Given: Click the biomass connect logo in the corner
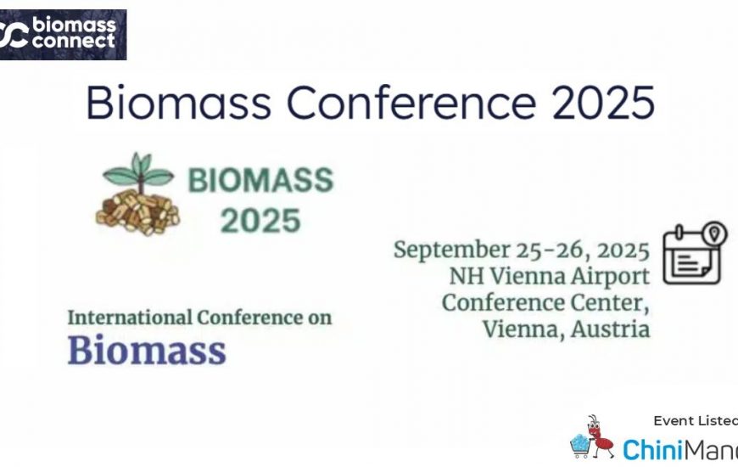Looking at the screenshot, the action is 63,35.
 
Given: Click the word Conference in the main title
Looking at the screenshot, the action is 411,102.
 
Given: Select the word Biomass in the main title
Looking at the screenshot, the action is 179,102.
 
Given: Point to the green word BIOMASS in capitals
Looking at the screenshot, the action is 260,181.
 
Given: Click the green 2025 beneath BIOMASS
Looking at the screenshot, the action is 260,221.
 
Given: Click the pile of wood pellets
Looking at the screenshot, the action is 137,211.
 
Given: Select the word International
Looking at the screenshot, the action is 130,318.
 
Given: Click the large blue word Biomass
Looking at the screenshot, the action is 147,350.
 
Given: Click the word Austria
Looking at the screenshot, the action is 611,329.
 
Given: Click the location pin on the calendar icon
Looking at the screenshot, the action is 714,233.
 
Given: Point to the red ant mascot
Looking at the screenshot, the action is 598,436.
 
